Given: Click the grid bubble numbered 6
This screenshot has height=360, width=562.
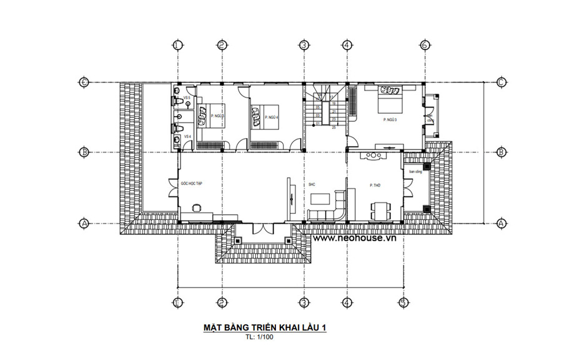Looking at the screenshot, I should (425, 45).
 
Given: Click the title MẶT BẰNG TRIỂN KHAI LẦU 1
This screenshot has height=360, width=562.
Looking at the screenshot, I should (266, 327).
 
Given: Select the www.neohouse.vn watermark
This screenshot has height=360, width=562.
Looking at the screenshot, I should (355, 238).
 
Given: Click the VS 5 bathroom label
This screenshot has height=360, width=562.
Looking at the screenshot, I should (187, 99).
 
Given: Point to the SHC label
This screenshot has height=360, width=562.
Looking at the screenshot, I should (312, 185).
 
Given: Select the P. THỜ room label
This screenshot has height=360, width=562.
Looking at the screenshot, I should (375, 186).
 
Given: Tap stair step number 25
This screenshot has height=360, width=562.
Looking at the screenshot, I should (334, 127).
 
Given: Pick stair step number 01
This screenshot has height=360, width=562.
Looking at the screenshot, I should (318, 124).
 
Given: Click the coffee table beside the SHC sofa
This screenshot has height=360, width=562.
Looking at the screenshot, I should (320, 199).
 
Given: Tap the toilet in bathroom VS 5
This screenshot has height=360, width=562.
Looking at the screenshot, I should (177, 100).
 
